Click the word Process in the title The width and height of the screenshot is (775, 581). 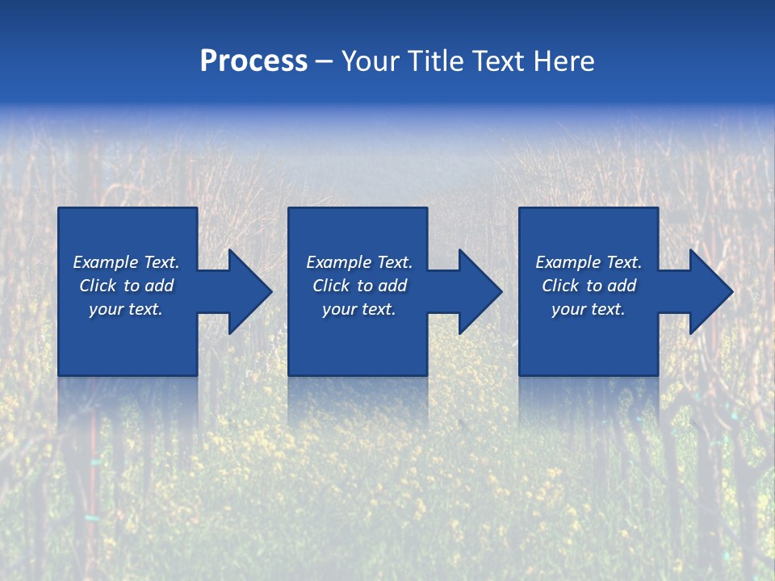pyautogui.click(x=253, y=61)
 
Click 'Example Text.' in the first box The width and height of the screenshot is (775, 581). pyautogui.click(x=126, y=262)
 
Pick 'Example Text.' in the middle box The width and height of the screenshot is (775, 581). pyautogui.click(x=359, y=262)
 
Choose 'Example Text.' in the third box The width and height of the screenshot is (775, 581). pyautogui.click(x=589, y=262)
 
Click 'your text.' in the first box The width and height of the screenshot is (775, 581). pyautogui.click(x=126, y=309)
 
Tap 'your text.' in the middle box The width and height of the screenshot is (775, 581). pyautogui.click(x=359, y=309)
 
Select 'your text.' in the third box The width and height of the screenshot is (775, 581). pyautogui.click(x=589, y=309)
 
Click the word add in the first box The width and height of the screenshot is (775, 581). pyautogui.click(x=159, y=286)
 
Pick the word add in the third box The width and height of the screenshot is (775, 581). pyautogui.click(x=622, y=286)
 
